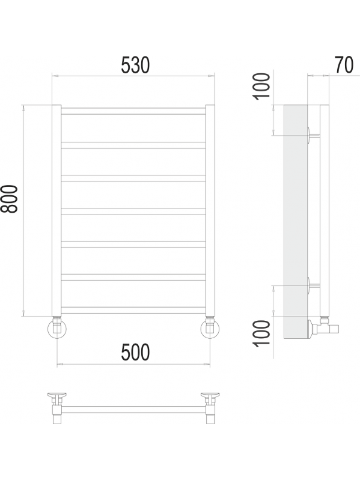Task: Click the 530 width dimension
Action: click(135, 65)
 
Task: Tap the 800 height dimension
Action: click(10, 199)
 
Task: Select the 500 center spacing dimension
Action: click(135, 352)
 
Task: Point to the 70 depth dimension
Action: click(344, 65)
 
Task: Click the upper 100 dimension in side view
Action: click(263, 86)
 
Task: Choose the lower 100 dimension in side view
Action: click(263, 333)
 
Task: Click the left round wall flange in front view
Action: click(57, 329)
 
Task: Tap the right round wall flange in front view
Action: click(210, 329)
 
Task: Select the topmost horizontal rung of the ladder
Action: click(133, 111)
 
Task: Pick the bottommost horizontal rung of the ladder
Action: click(133, 310)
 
